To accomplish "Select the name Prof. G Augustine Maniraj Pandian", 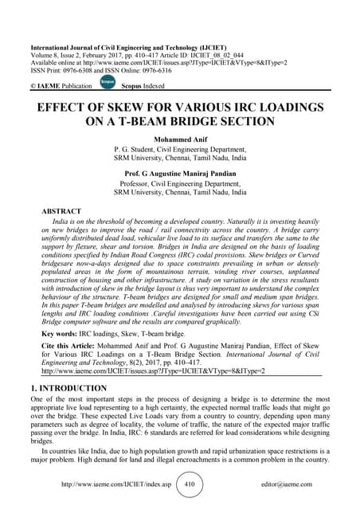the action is click(180, 171).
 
